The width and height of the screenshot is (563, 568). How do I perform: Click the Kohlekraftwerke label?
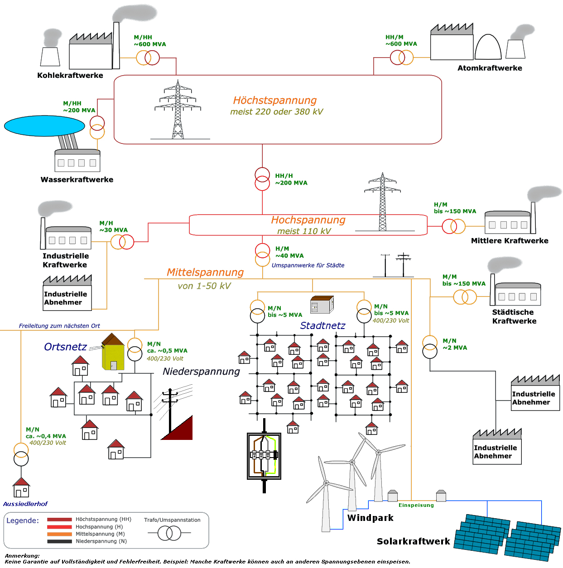coord(70,76)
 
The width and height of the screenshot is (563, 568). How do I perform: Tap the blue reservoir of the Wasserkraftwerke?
coord(44,125)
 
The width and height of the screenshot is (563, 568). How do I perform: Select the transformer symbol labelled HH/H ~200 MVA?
coord(262,179)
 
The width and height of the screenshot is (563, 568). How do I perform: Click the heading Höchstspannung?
coord(274,100)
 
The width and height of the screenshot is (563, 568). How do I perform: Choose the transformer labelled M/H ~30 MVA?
coord(122,242)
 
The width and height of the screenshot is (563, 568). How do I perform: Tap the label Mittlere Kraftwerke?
coord(509,240)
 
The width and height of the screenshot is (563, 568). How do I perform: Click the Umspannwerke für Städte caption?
coord(308,265)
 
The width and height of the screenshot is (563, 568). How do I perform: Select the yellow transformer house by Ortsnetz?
coord(113,352)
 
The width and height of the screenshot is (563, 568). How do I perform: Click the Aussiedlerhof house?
coord(21,487)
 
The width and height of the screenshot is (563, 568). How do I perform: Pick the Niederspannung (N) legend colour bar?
coord(59,541)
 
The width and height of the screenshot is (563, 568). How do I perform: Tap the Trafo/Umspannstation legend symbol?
coord(169,533)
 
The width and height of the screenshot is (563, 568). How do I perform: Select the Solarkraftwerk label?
coord(413,541)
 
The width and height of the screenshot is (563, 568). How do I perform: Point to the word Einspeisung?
coord(416,505)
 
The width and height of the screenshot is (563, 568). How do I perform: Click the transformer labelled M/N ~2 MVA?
coord(429,347)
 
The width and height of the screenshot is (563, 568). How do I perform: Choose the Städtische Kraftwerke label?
coord(514,316)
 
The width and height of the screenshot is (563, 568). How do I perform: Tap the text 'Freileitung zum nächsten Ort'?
coord(59,326)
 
